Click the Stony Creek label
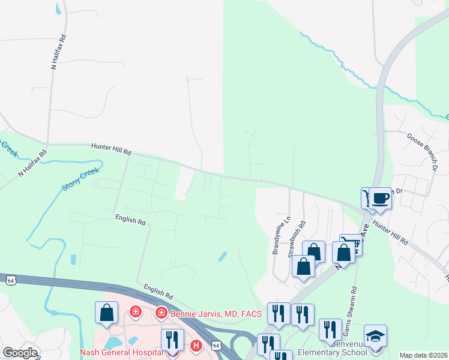80,179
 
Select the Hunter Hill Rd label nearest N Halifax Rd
111,149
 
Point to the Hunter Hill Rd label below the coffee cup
390,232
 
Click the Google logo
20,353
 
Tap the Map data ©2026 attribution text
423,355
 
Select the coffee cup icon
380,198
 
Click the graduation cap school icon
375,335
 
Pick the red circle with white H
195,346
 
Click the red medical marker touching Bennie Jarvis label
161,313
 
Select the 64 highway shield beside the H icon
215,346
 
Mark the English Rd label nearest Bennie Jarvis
158,292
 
